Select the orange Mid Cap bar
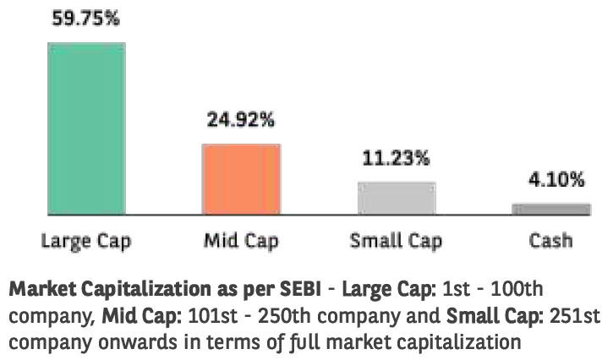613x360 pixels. click(x=241, y=178)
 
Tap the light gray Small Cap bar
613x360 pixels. click(x=396, y=198)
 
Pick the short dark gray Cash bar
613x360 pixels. click(x=550, y=209)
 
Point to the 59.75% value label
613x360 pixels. click(x=87, y=19)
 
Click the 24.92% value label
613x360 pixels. click(x=241, y=120)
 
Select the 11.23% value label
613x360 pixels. click(x=396, y=158)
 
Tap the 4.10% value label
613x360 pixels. click(x=550, y=179)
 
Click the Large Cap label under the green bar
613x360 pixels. click(x=87, y=241)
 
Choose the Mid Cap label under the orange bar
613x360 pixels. click(x=241, y=241)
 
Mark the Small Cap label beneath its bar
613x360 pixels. click(x=396, y=241)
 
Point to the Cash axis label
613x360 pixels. click(x=550, y=241)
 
